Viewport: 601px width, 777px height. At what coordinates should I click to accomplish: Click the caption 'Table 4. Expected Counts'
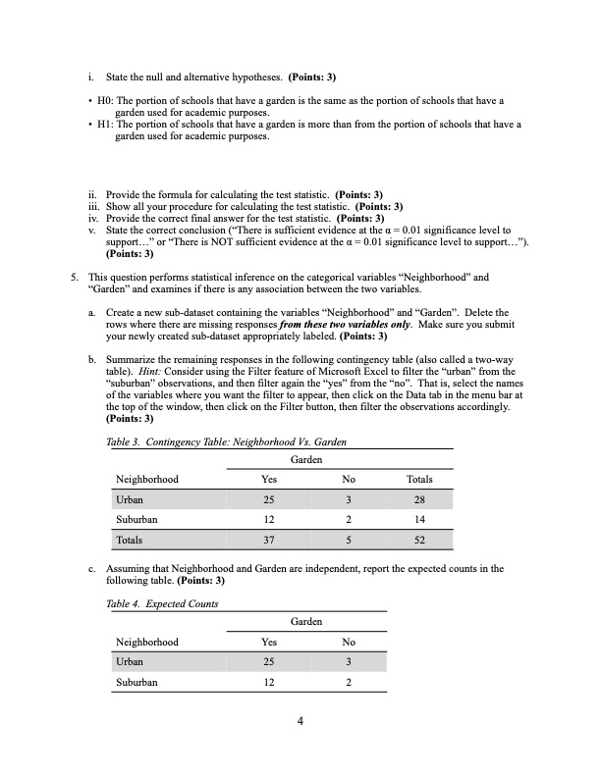click(x=163, y=603)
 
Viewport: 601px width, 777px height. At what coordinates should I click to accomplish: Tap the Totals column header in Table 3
click(x=418, y=479)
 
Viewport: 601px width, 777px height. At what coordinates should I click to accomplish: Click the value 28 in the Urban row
click(x=418, y=499)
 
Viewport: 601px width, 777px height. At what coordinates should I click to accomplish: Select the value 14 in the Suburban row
click(x=418, y=520)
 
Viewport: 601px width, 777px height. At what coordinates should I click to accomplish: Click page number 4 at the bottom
click(x=300, y=723)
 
